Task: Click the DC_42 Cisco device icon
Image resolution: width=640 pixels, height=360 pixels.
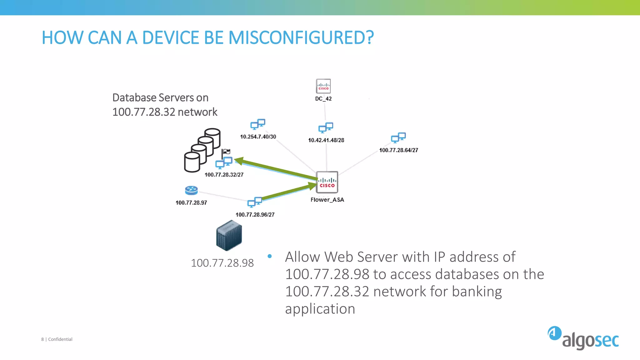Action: (323, 86)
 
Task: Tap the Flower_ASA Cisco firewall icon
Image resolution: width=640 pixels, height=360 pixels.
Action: (327, 182)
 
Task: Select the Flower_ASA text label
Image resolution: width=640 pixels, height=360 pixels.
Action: (327, 200)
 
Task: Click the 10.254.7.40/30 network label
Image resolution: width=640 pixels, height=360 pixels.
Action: (258, 137)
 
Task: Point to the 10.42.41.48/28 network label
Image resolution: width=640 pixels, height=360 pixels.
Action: (326, 140)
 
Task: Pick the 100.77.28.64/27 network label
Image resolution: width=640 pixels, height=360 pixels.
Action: (398, 150)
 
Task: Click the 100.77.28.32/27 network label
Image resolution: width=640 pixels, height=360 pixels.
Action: (224, 175)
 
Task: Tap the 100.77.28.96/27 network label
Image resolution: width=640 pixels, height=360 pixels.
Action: (255, 215)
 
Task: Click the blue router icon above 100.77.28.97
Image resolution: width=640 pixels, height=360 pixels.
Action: (191, 190)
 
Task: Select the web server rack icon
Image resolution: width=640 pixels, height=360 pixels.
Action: (229, 236)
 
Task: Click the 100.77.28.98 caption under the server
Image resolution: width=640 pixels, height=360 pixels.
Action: (222, 263)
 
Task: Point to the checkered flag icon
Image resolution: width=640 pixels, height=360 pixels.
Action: (226, 152)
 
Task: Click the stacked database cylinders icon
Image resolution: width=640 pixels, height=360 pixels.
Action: (202, 150)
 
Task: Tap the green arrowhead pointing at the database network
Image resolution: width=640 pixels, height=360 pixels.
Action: (239, 161)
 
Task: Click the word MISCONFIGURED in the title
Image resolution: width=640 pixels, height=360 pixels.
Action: (301, 38)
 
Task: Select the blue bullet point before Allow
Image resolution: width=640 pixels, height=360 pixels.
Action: (270, 257)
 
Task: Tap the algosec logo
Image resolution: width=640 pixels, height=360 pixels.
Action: (583, 338)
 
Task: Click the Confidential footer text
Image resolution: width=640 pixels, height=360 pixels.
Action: (60, 339)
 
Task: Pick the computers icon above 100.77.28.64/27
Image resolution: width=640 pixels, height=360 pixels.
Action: (398, 137)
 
